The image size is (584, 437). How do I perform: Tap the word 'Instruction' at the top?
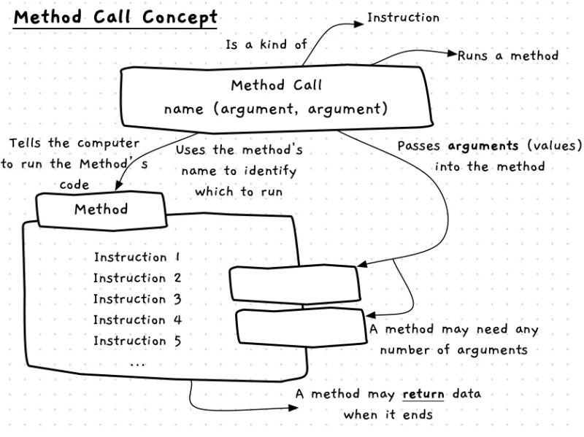(403, 18)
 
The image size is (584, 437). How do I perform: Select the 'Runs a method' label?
(508, 55)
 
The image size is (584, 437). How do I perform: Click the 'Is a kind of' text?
(266, 45)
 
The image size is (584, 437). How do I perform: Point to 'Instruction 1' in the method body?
(137, 258)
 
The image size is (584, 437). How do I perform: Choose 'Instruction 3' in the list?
(137, 299)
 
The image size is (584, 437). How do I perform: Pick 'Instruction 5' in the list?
(137, 341)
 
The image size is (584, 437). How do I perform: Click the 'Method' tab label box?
(101, 210)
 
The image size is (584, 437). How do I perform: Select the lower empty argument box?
(300, 325)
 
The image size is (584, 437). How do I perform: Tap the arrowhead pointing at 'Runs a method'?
(453, 54)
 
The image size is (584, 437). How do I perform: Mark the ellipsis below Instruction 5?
(137, 361)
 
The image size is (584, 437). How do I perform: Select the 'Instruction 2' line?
(137, 278)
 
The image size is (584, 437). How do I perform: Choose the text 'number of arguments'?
(453, 350)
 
